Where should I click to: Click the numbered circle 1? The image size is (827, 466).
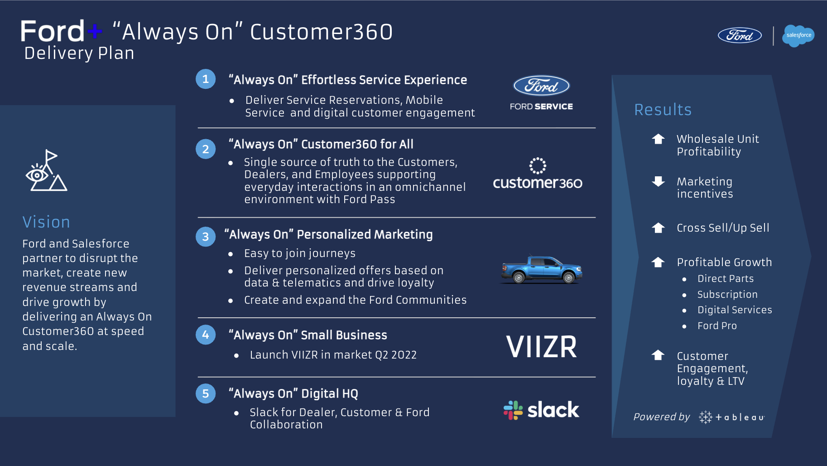tap(206, 79)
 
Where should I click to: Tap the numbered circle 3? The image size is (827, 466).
tap(206, 237)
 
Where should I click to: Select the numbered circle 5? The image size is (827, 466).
tap(206, 393)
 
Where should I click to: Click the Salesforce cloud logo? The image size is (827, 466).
tap(798, 35)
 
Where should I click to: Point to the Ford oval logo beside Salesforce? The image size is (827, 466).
tap(740, 35)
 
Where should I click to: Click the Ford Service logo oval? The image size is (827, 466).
tap(541, 86)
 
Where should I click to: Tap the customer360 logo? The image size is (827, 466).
tap(538, 175)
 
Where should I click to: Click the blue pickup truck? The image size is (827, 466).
tap(541, 270)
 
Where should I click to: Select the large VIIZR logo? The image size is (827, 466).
tap(541, 347)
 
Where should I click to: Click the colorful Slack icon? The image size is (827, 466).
tap(513, 410)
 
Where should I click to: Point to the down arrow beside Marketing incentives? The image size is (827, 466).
tap(658, 182)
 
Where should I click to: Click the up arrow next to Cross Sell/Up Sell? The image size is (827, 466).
tap(658, 228)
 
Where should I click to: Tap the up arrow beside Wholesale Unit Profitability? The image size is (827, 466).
tap(658, 139)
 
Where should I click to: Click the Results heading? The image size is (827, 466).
tap(663, 110)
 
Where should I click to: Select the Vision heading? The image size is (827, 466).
tap(46, 222)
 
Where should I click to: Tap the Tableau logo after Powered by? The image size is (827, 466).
tap(731, 417)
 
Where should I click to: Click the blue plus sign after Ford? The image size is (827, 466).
tap(95, 31)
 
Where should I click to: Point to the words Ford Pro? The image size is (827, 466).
tap(717, 326)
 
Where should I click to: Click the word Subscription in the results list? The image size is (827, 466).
tap(727, 295)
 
